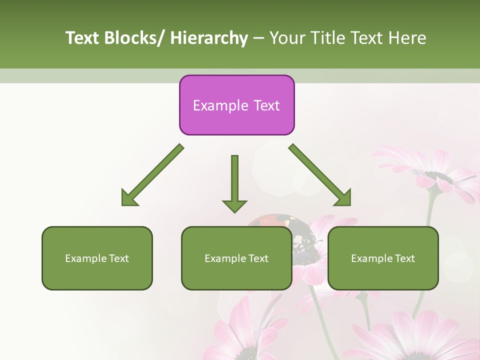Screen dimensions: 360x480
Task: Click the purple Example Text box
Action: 236,105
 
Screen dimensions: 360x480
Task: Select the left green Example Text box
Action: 97,258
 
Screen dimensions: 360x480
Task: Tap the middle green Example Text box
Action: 236,258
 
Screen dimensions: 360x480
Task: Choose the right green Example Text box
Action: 383,258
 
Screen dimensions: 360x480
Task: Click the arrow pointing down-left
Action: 152,175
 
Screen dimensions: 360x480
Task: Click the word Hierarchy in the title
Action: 209,38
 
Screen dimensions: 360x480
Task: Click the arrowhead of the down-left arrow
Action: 129,198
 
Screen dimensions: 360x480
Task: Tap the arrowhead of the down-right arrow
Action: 343,198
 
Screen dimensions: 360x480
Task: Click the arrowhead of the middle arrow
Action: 234,206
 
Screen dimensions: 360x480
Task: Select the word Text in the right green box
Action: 404,258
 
